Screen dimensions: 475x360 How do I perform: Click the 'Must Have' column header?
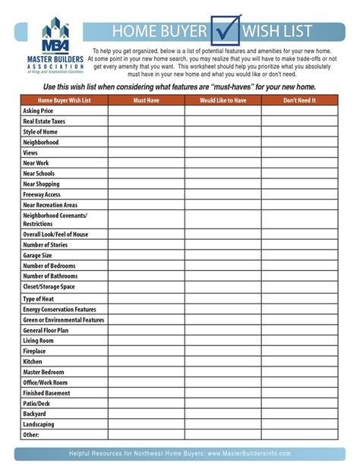pyautogui.click(x=146, y=100)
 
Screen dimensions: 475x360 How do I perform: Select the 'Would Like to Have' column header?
pyautogui.click(x=223, y=100)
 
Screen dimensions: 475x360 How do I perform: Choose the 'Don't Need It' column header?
pyautogui.click(x=299, y=100)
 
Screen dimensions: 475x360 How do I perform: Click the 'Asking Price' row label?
pyautogui.click(x=37, y=111)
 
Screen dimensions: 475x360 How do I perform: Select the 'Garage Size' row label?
pyautogui.click(x=38, y=256)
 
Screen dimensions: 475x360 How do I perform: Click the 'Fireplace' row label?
pyautogui.click(x=35, y=351)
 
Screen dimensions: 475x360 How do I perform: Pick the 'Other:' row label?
pyautogui.click(x=30, y=435)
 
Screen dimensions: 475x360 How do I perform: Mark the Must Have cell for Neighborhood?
pyautogui.click(x=146, y=142)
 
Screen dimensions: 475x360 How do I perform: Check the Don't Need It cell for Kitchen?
pyautogui.click(x=299, y=362)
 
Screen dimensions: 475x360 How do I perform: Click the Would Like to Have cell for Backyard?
pyautogui.click(x=223, y=414)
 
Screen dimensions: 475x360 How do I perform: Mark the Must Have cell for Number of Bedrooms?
pyautogui.click(x=146, y=266)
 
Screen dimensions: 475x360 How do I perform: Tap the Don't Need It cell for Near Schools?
pyautogui.click(x=299, y=173)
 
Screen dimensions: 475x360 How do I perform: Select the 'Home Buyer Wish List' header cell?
pyautogui.click(x=65, y=100)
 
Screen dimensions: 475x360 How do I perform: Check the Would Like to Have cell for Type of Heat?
pyautogui.click(x=223, y=299)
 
